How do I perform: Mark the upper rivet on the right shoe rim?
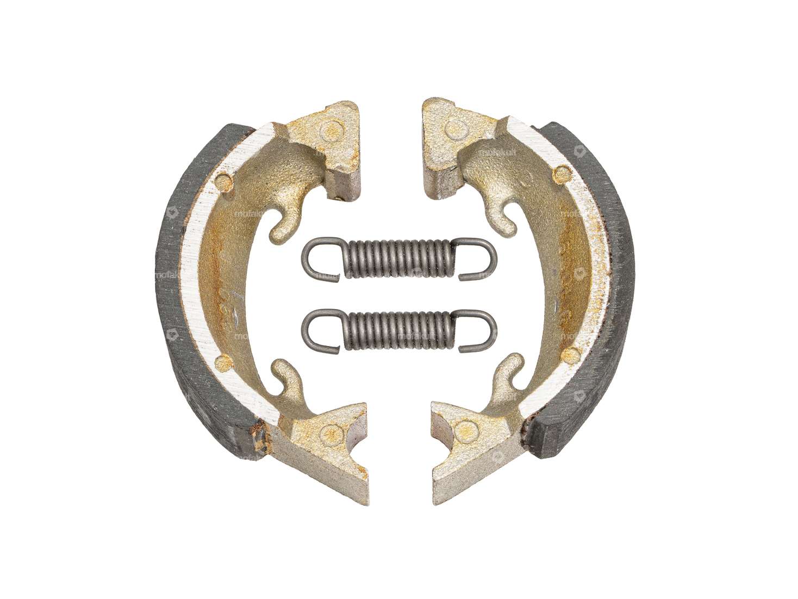pos(560,174)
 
